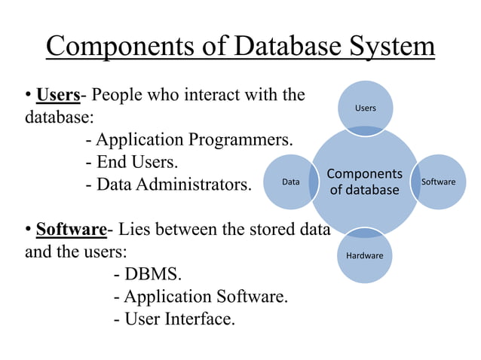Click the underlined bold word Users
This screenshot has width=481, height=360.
tap(58, 96)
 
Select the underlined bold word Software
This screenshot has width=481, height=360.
tap(71, 228)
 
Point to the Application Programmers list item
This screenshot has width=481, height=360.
tap(189, 140)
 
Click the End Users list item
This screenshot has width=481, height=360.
tap(132, 162)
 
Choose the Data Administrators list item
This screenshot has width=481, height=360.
tap(168, 184)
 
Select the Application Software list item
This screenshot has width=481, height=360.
tap(201, 296)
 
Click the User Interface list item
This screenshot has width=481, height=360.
tap(174, 319)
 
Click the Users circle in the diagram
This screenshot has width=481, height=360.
tap(365, 108)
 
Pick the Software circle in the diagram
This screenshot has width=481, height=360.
tap(438, 182)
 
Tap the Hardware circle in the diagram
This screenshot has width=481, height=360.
tap(364, 255)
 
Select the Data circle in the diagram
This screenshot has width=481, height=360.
tap(290, 182)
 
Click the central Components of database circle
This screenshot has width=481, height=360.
tap(364, 182)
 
